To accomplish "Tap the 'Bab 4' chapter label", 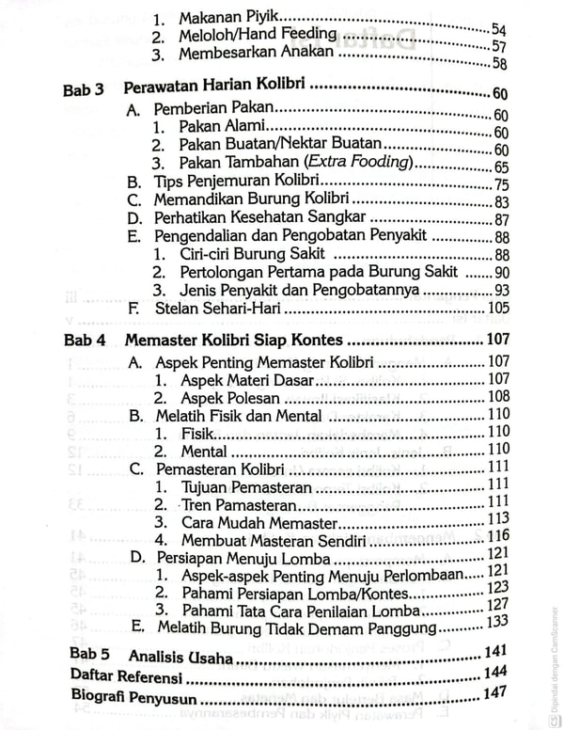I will tap(83, 341).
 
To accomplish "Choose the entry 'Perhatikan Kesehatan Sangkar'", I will tap(258, 219).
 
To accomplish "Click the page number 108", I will tap(497, 396).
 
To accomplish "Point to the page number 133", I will tap(497, 621).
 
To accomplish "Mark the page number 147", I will tap(494, 693).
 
